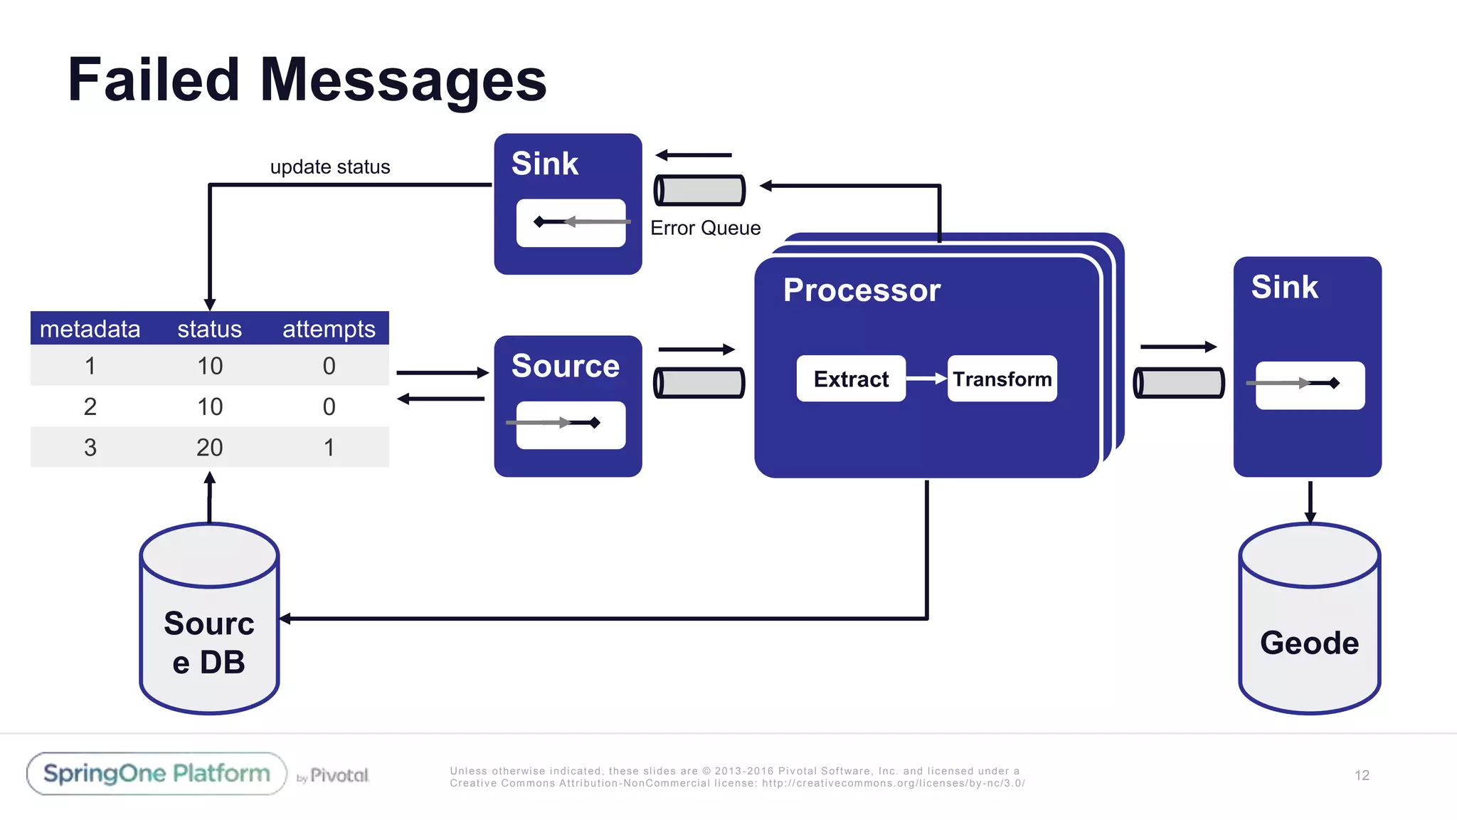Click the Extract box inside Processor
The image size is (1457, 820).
click(x=851, y=379)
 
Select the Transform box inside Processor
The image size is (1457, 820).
click(x=1002, y=379)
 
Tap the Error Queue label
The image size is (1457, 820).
click(x=705, y=228)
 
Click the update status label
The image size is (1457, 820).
click(x=330, y=167)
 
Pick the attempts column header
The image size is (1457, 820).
click(x=329, y=329)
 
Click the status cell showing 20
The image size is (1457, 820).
click(x=209, y=447)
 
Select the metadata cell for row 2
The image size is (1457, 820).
click(x=90, y=406)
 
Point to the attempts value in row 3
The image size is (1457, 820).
click(x=329, y=447)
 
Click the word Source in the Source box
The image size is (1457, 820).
click(x=565, y=366)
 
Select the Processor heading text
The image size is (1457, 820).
click(x=862, y=290)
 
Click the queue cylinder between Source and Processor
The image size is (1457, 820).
click(x=699, y=383)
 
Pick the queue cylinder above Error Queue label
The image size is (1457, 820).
click(x=699, y=190)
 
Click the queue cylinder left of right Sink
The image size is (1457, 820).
click(x=1178, y=383)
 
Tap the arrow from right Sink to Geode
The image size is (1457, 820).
click(x=1310, y=501)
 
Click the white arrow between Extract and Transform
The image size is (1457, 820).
click(x=926, y=379)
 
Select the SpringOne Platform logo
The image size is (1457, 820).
click(x=157, y=774)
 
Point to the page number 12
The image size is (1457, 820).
click(x=1362, y=775)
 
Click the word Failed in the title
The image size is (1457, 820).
click(x=153, y=80)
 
